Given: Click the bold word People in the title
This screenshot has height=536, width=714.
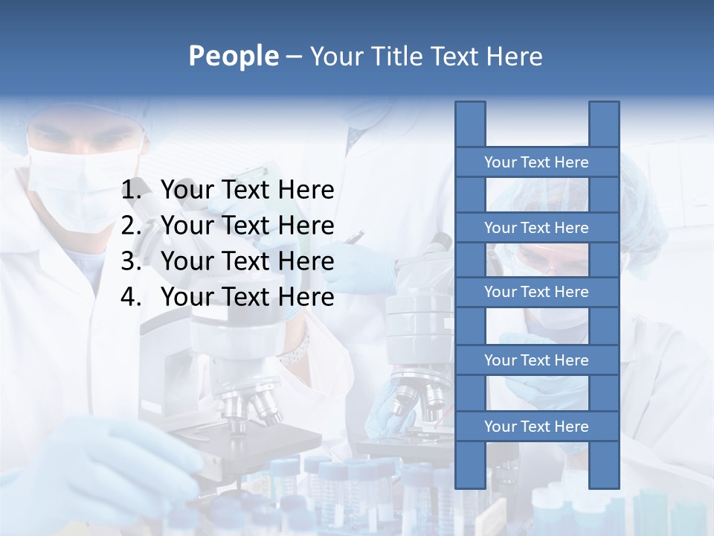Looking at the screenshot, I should (x=234, y=56).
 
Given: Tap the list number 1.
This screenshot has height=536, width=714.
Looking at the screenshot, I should (x=130, y=191).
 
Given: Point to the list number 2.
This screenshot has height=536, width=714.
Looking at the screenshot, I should (x=130, y=226).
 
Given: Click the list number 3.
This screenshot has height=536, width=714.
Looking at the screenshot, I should (x=130, y=261).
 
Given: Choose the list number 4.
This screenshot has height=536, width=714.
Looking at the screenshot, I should (x=130, y=297).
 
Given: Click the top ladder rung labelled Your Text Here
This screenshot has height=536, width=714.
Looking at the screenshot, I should (x=536, y=162).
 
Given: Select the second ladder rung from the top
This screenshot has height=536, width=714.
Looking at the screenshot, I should (x=536, y=228).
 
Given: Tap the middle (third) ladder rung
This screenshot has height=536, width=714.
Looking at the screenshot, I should (x=536, y=292).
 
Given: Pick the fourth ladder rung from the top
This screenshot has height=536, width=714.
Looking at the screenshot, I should (x=536, y=360).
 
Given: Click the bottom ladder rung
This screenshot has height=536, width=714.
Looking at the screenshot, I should (x=536, y=427).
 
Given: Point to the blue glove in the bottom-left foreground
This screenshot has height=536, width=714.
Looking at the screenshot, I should (x=112, y=462).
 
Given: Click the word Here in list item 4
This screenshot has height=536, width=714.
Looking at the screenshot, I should (x=306, y=297).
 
